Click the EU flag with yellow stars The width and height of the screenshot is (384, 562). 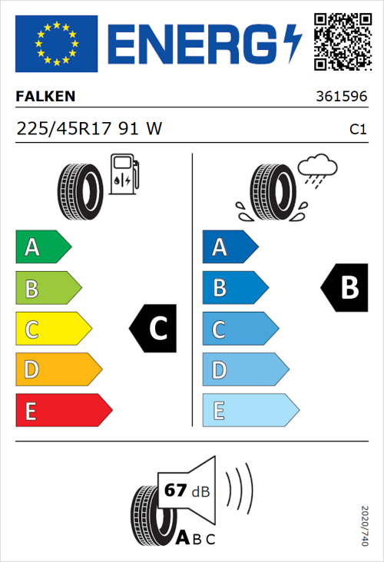[56, 44]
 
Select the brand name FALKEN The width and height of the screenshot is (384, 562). [45, 97]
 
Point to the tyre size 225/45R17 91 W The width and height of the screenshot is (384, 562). [89, 129]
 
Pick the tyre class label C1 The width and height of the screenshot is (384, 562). [357, 130]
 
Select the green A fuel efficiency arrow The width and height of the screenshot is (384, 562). [42, 247]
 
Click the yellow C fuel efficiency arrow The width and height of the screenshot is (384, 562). [52, 329]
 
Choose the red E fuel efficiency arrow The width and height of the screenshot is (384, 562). [63, 411]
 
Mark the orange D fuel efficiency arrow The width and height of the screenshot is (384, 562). [58, 370]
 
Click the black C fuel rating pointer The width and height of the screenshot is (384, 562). [154, 329]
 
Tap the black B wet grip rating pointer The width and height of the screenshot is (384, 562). [344, 288]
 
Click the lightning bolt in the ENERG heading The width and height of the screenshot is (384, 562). [294, 44]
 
